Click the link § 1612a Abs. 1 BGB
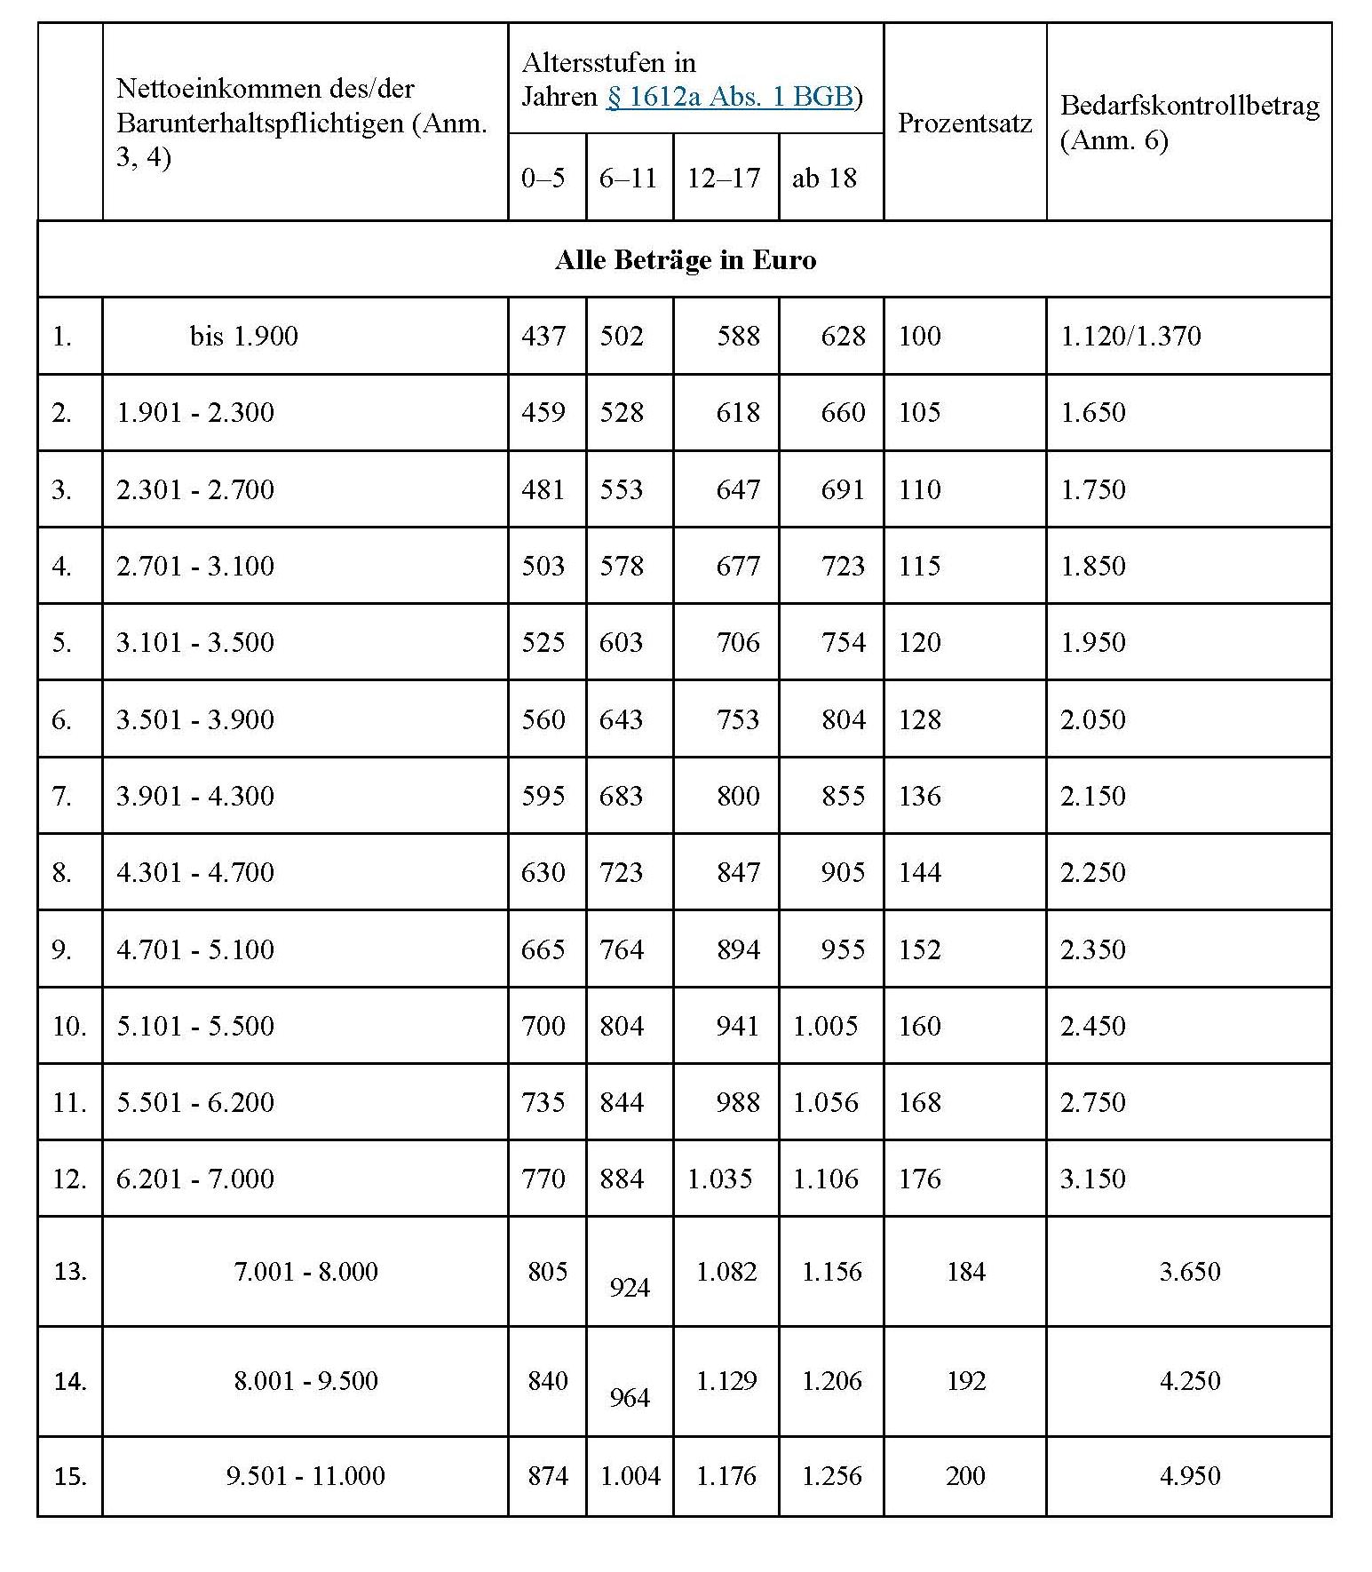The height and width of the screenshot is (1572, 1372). (729, 96)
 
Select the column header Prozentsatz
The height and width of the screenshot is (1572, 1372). (964, 123)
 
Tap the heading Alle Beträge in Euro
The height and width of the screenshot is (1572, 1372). (685, 259)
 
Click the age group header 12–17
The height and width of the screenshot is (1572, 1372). (724, 178)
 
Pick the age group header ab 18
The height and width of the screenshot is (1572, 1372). (824, 178)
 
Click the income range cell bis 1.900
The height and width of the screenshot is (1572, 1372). (244, 336)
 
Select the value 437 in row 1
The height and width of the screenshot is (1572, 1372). (543, 336)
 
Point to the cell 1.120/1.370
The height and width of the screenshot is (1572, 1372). (1130, 336)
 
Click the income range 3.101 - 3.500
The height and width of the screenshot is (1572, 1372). (195, 642)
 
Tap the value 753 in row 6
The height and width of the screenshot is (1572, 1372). (738, 719)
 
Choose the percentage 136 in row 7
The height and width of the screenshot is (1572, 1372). (919, 795)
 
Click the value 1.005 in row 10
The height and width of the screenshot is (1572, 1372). (825, 1026)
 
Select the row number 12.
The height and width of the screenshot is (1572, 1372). (68, 1179)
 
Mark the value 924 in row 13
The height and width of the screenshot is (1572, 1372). (630, 1287)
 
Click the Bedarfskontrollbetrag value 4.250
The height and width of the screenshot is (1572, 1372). (1190, 1380)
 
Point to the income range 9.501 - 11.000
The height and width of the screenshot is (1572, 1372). (305, 1475)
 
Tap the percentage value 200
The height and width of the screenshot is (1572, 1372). (965, 1475)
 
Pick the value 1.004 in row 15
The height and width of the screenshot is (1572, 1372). (630, 1475)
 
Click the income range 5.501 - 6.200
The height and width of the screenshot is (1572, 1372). (195, 1102)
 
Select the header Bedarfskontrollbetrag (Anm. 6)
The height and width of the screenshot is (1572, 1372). (1189, 123)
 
